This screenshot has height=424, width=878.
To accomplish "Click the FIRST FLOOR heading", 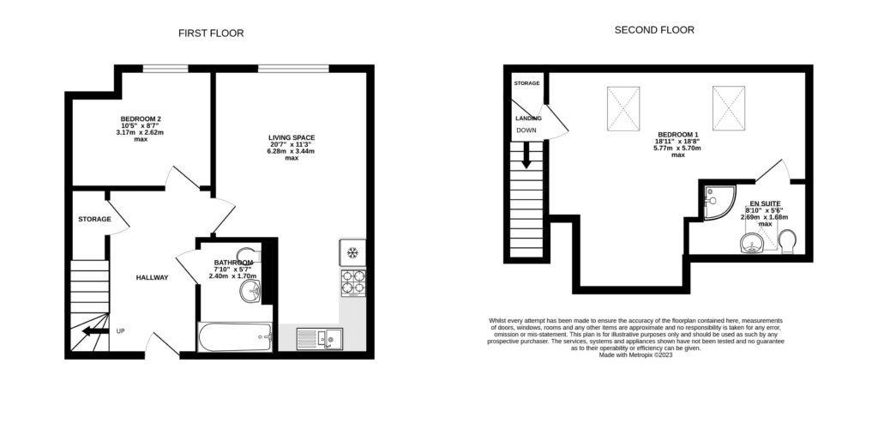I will point(211,33).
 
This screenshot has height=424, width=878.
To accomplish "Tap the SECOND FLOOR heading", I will point(654,30).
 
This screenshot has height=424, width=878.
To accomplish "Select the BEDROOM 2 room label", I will point(141,119).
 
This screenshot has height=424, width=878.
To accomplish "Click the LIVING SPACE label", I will point(292,137).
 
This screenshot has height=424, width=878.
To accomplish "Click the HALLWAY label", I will point(152,277).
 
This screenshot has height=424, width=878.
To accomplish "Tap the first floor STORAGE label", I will point(94,219).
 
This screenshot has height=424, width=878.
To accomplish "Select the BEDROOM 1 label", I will point(678,135).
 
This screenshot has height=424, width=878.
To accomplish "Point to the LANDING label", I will point(527,118).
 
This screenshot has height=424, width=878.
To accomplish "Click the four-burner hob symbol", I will point(352,282).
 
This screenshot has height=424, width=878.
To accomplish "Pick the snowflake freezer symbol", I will point(352,252).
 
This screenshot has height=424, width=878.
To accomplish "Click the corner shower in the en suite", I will point(715,200).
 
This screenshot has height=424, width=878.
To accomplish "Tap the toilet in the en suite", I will point(788,241).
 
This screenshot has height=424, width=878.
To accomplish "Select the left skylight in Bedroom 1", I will point(623,108).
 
